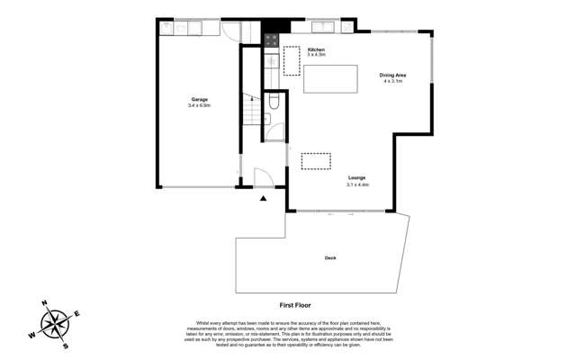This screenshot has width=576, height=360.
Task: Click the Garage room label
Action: [200, 99]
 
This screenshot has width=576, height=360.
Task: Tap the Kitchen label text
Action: [316, 49]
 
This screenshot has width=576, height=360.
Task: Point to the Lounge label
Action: [357, 178]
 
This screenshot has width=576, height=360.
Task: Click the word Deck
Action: [330, 258]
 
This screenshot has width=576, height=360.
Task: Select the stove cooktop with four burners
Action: [272, 40]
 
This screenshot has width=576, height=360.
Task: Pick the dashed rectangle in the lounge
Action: [316, 160]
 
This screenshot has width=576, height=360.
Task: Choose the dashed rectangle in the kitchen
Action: [292, 61]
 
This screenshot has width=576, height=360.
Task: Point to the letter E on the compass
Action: [77, 313]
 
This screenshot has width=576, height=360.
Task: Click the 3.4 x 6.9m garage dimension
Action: [200, 105]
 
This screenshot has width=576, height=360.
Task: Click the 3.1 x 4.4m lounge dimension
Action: [357, 184]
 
